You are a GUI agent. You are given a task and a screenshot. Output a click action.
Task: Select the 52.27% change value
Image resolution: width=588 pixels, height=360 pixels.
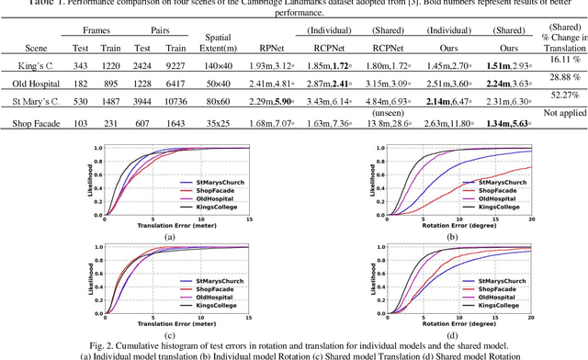[x=558, y=92]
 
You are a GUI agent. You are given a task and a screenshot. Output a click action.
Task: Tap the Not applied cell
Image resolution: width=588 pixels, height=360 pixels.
[x=558, y=111]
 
